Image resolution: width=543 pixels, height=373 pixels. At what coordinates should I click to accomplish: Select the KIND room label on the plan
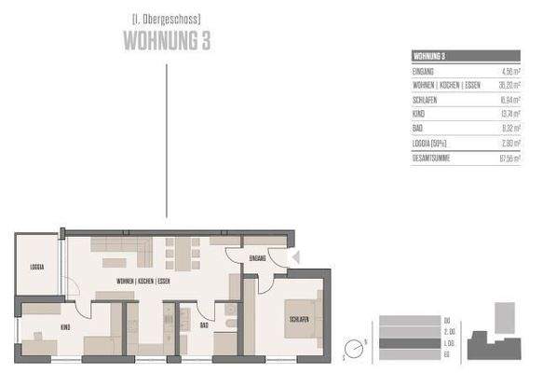click(65, 326)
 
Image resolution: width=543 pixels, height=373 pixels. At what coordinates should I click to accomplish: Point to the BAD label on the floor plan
click(203, 325)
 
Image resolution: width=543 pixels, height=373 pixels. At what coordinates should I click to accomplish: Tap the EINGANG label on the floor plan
click(256, 257)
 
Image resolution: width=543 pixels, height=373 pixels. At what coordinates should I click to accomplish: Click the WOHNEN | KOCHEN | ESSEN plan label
click(143, 281)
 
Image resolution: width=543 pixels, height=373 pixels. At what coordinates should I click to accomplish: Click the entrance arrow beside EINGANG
click(295, 257)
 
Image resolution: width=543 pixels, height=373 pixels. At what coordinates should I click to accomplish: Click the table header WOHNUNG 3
click(431, 57)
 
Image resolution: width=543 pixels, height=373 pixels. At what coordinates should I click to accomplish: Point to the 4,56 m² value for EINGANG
click(508, 71)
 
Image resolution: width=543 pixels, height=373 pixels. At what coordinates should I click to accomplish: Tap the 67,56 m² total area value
click(508, 159)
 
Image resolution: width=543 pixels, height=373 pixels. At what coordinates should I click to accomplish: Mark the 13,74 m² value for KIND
click(508, 115)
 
